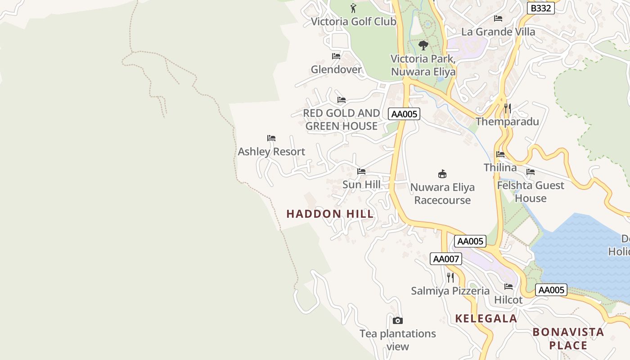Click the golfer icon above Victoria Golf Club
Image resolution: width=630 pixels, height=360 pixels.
pos(353,8)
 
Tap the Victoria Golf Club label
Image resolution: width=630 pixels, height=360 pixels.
pos(354,22)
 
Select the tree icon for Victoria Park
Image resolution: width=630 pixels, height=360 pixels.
pos(423,45)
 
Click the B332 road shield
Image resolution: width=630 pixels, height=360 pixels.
pos(540,8)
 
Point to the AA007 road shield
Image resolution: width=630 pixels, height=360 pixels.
pos(445,259)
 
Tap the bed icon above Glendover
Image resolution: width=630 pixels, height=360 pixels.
pos(336,56)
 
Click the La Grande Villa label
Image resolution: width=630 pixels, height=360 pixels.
pos(498,32)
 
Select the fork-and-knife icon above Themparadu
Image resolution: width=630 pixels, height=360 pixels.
pos(507,108)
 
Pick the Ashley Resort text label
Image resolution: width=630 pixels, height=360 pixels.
pos(271,152)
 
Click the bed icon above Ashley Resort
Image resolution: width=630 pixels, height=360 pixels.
pos(271,138)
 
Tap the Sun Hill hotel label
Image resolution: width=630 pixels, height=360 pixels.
pos(361,184)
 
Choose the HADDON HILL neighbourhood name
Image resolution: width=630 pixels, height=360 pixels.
pos(330,214)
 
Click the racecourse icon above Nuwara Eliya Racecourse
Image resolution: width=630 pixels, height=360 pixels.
pos(442,174)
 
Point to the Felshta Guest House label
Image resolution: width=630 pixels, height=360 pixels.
pos(531,192)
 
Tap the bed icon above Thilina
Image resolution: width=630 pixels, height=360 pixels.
pos(500,154)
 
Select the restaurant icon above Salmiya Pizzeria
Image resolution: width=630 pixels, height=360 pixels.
pos(450,277)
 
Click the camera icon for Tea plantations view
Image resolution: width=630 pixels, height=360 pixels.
pos(397,320)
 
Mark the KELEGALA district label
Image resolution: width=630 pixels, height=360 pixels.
pos(486,319)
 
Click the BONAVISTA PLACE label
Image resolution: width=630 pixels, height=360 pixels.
pos(568,339)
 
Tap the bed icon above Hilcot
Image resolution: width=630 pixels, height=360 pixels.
pos(508,287)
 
